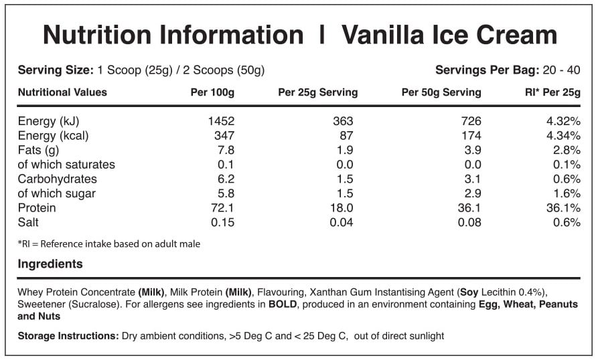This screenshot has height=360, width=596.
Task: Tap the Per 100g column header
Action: (x=212, y=92)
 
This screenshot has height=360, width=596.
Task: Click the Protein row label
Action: (x=37, y=208)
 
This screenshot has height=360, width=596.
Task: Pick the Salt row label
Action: (x=29, y=222)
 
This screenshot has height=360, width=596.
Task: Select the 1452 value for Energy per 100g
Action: (x=220, y=121)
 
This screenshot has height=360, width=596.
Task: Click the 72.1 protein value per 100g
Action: (x=223, y=208)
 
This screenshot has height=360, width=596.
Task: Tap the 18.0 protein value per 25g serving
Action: (x=342, y=208)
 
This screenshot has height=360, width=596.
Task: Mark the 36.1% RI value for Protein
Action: (x=563, y=208)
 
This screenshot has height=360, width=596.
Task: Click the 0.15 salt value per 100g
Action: (x=223, y=222)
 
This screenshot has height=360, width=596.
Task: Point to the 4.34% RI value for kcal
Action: (x=563, y=136)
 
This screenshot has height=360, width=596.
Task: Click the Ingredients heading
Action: (x=50, y=264)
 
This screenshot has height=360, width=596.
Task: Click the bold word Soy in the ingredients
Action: (x=468, y=292)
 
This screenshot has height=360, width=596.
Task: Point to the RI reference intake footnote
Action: (x=109, y=244)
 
